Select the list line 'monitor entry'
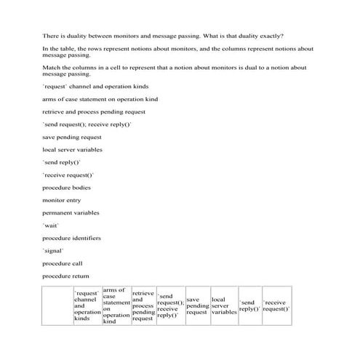(x=62, y=200)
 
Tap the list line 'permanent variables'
(x=71, y=212)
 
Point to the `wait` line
(x=51, y=225)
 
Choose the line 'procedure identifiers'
(x=71, y=238)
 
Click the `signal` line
(x=54, y=250)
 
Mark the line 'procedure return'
(x=65, y=275)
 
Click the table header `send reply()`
(x=249, y=305)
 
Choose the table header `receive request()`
(x=276, y=305)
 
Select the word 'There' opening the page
(x=50, y=35)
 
